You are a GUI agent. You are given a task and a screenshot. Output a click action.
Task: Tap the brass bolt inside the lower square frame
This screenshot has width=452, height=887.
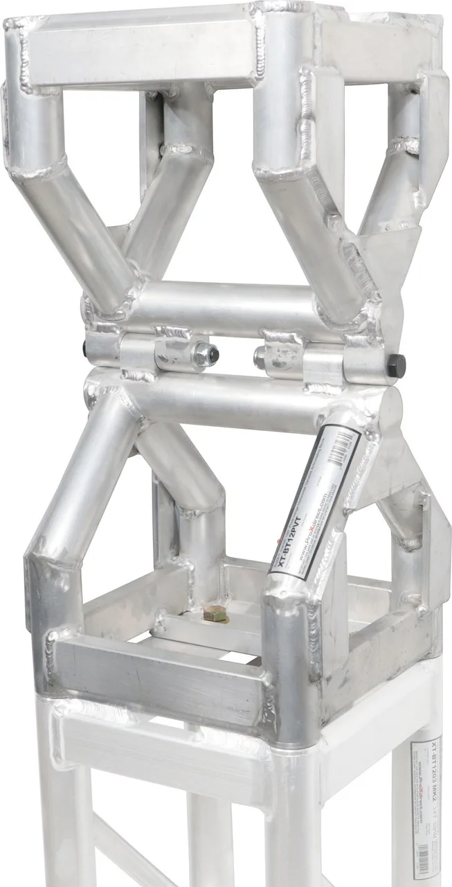click(x=209, y=613)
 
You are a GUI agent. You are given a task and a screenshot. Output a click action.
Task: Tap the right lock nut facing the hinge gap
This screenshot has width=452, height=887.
click(x=261, y=357)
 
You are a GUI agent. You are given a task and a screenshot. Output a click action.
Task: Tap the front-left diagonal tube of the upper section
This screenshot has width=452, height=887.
click(x=83, y=229)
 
